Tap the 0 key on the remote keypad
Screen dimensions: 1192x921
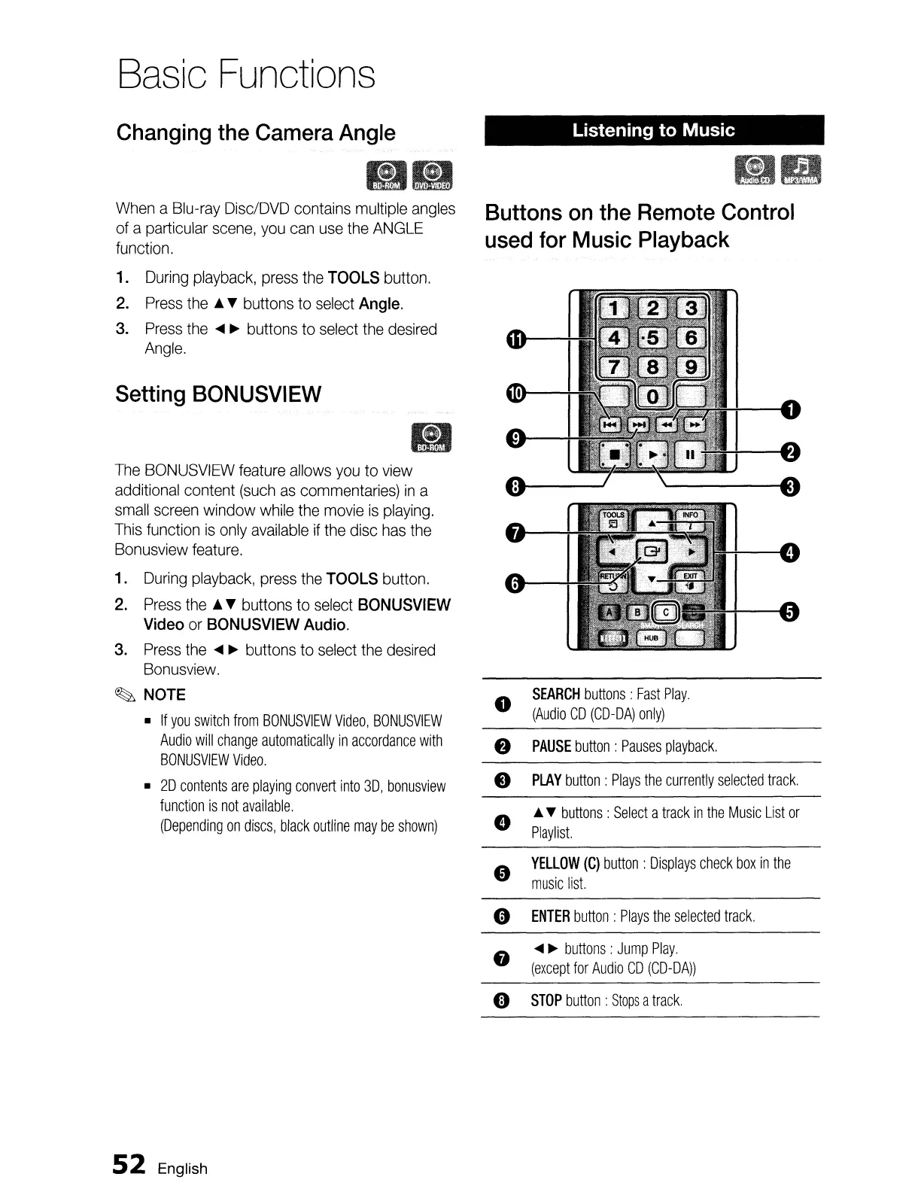[x=652, y=396]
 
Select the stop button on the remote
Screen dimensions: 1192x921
[x=613, y=454]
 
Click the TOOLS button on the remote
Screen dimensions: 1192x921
[x=611, y=518]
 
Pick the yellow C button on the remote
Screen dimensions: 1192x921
[x=666, y=614]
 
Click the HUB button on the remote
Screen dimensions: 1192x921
[x=652, y=637]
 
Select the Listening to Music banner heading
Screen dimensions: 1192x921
[x=653, y=130]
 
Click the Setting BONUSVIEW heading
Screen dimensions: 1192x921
[x=218, y=394]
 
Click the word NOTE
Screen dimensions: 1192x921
[x=164, y=695]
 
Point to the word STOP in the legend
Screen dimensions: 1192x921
[x=546, y=1000]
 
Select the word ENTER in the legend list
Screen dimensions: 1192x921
[x=550, y=916]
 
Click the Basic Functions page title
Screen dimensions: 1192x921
[x=245, y=74]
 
